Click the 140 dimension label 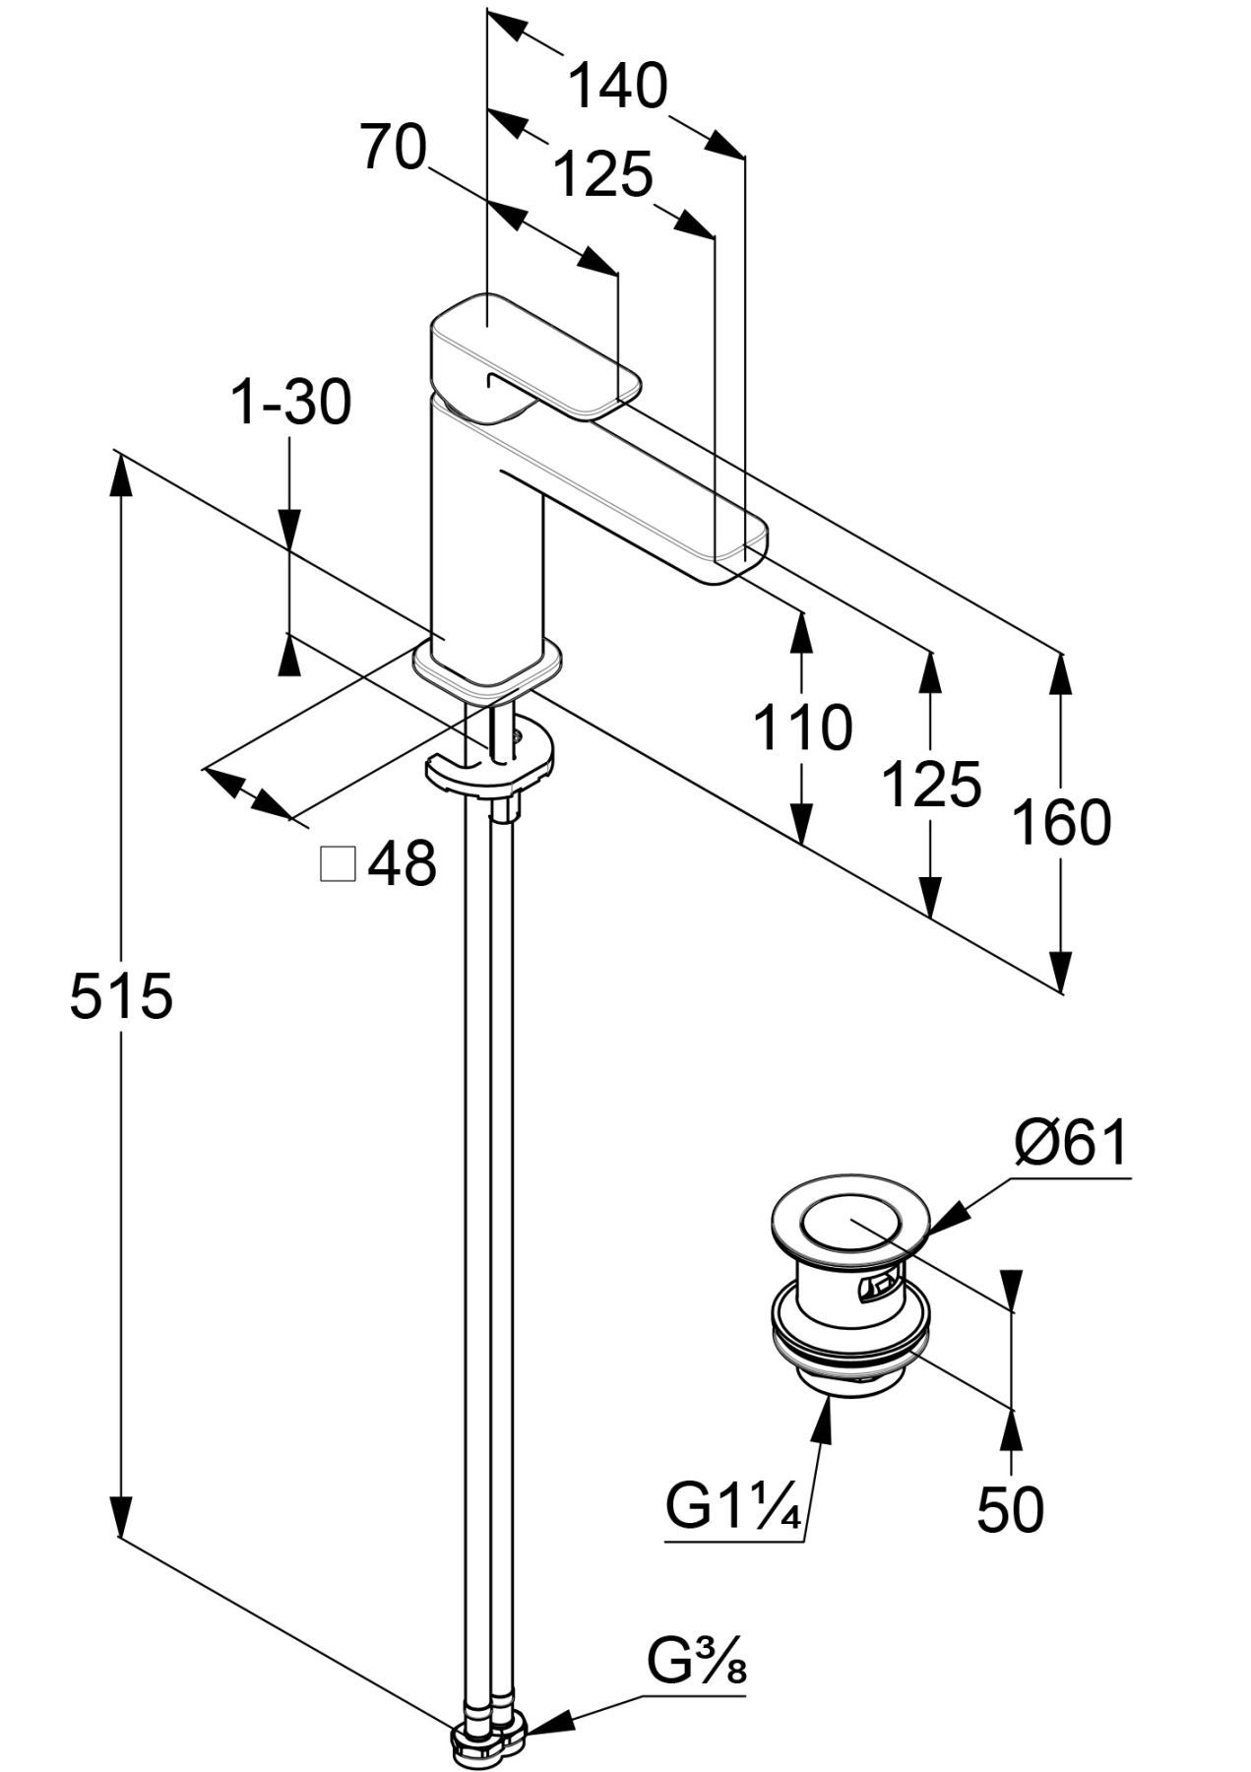(618, 87)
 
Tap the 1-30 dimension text (290, 404)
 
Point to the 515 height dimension (121, 996)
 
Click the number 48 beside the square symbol (402, 864)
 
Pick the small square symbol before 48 (339, 863)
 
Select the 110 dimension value (802, 728)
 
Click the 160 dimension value (1061, 823)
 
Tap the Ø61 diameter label (1071, 1143)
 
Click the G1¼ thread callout (734, 1506)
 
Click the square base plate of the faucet (489, 663)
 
